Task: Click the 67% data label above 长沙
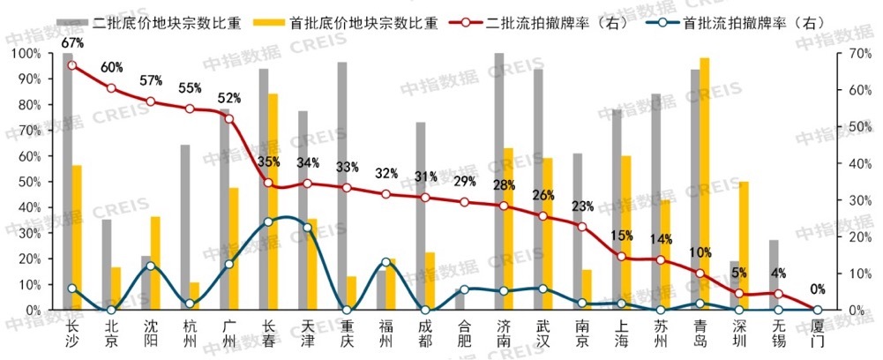[71, 43]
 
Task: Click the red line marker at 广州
[228, 118]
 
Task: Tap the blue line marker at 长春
[268, 221]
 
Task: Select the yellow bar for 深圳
[744, 246]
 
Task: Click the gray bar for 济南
[498, 182]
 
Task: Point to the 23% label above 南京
[581, 206]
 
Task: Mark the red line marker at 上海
[621, 257]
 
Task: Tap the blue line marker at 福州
[385, 262]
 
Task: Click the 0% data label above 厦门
[818, 289]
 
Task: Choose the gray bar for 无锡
[774, 275]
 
